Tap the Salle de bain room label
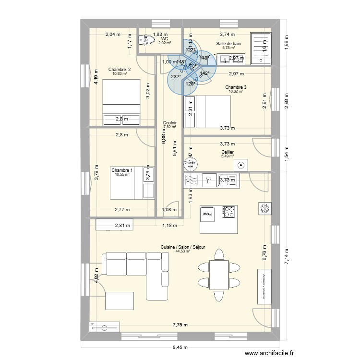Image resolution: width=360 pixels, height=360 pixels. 228,43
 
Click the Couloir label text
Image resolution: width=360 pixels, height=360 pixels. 170,122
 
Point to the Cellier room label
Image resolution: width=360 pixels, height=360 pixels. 228,152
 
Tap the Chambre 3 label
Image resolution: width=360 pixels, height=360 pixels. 236,87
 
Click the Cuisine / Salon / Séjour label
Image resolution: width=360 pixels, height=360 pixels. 183,247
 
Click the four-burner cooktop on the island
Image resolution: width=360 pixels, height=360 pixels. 228,212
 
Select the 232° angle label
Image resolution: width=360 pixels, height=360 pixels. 176,76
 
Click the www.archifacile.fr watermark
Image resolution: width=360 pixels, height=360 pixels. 269,354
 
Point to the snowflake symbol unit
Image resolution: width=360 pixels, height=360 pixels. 264,208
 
